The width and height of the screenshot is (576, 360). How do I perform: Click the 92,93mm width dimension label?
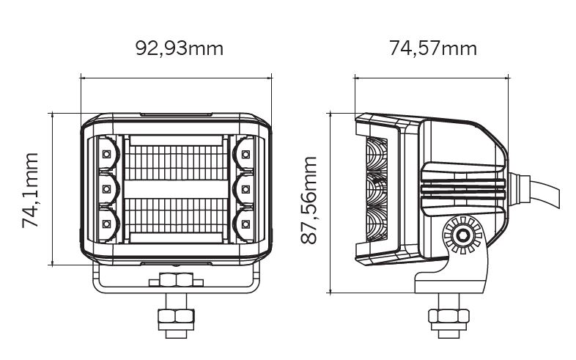point(180,48)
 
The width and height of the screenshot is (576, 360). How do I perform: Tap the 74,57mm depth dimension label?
point(433,48)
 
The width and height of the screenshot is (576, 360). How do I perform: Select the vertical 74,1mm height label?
point(30,191)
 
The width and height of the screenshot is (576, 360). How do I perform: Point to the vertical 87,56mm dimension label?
point(309,200)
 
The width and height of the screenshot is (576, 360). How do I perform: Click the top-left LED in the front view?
point(106,154)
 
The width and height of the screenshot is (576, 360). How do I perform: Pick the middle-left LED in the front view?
point(106,189)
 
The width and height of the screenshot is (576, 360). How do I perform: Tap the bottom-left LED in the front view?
point(106,224)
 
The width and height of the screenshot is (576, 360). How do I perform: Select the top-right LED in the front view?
point(245,154)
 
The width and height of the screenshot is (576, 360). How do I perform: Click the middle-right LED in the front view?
point(245,189)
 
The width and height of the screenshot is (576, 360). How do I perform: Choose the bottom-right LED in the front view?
point(245,224)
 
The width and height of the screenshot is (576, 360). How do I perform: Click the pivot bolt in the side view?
point(462,235)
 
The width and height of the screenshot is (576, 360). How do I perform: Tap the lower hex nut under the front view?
point(176,316)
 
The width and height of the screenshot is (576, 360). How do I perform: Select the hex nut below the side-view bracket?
point(448,316)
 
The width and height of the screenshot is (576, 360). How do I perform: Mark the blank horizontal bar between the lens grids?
point(177,190)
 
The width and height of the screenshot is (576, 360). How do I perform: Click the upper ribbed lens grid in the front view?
point(177,163)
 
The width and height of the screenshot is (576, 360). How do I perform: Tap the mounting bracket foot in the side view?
point(452,281)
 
